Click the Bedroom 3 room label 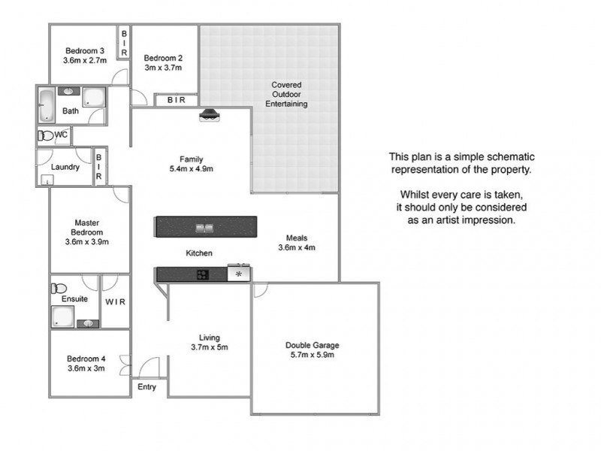click(x=85, y=50)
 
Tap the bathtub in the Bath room click(x=47, y=104)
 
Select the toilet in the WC click(x=46, y=136)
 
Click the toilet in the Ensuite click(x=59, y=288)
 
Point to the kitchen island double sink click(x=204, y=228)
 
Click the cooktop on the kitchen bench click(x=203, y=274)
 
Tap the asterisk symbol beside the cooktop click(x=239, y=274)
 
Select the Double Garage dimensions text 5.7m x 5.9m click(x=312, y=355)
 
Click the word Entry click(x=146, y=387)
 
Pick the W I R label click(x=116, y=302)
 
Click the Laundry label click(x=65, y=167)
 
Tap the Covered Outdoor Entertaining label click(x=286, y=95)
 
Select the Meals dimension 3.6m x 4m click(x=297, y=248)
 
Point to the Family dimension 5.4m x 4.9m click(x=192, y=168)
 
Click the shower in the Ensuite click(x=63, y=316)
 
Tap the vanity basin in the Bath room click(x=68, y=91)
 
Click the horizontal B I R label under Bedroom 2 click(x=177, y=100)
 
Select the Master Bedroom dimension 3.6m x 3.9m click(x=87, y=242)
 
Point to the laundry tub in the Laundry click(x=47, y=180)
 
